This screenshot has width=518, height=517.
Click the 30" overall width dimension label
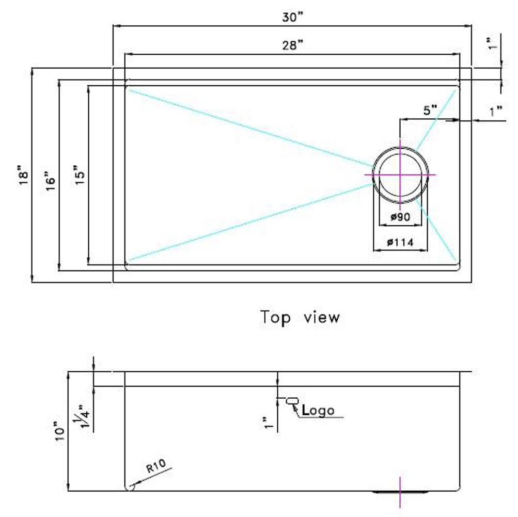tap(292, 17)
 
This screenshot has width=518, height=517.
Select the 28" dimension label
tap(292, 45)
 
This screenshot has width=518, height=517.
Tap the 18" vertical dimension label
tap(23, 176)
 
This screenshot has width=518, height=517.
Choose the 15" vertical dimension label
tap(78, 176)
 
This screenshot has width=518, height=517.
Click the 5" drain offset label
tap(430, 111)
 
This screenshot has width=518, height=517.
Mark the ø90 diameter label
tap(400, 217)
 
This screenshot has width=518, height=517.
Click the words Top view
tap(300, 317)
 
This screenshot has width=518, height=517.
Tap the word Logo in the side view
tap(319, 411)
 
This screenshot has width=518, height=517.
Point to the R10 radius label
tap(155, 469)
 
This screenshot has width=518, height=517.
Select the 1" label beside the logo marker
tap(267, 422)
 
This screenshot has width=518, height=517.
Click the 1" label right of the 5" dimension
tap(497, 111)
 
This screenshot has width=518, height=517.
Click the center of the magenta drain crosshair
tap(400, 175)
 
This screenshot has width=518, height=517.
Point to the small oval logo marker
tap(292, 400)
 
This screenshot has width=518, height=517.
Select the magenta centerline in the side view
tap(400, 491)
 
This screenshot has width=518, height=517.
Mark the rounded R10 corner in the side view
tap(129, 487)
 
